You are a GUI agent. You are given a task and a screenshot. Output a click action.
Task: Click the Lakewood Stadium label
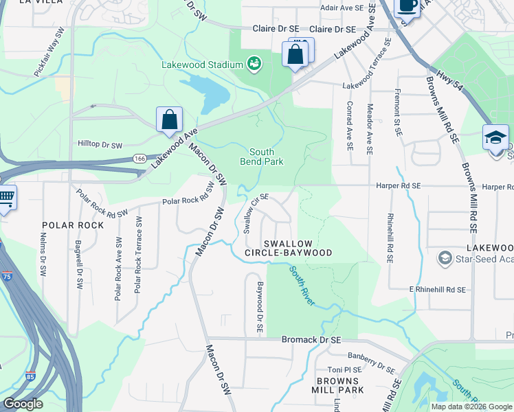(202, 65)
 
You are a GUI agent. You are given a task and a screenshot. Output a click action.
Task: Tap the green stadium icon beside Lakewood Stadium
(254, 64)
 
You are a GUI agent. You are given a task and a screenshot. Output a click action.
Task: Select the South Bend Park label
(261, 157)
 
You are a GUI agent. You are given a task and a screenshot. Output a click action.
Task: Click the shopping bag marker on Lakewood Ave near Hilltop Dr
(169, 120)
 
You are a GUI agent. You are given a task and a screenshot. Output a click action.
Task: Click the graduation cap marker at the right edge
(495, 138)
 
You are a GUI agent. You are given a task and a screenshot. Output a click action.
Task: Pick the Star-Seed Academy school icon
(445, 258)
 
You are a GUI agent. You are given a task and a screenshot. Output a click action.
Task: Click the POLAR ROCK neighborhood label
(73, 225)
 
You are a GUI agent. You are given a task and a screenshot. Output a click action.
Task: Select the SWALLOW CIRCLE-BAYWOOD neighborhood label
(289, 248)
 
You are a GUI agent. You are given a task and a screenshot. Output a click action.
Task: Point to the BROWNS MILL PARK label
(339, 385)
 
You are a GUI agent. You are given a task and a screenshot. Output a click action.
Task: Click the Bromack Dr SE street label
(311, 340)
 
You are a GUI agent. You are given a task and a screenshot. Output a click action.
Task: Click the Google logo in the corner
(23, 404)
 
